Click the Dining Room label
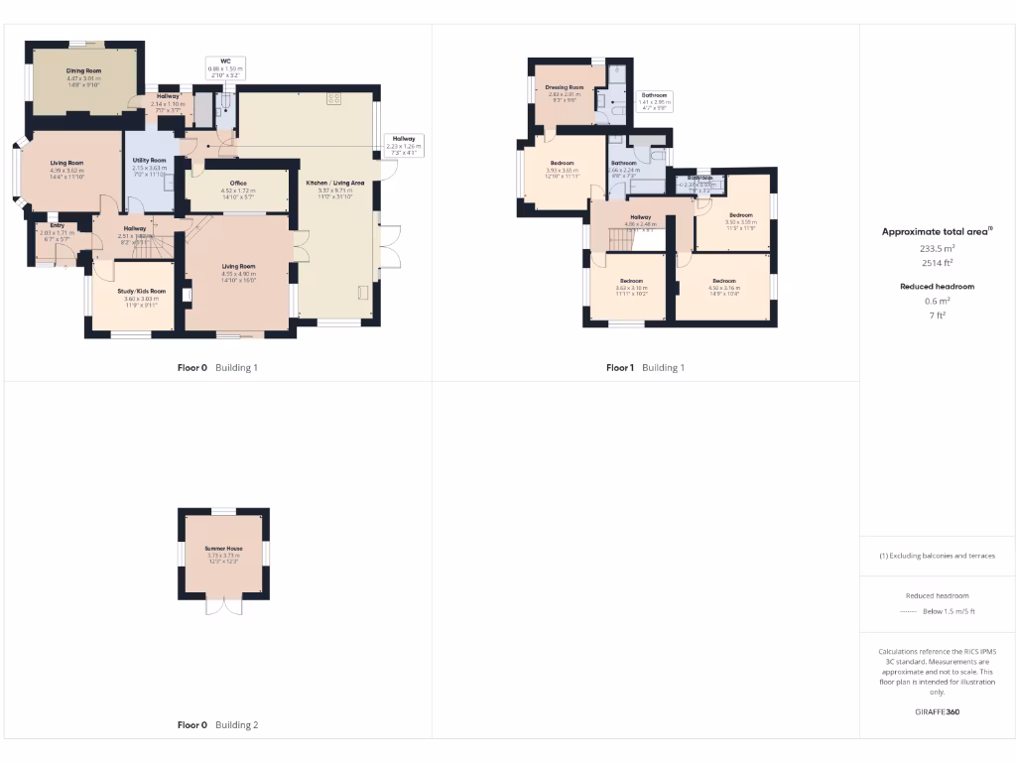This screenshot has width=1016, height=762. pyautogui.click(x=84, y=71)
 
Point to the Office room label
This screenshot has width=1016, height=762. pyautogui.click(x=238, y=184)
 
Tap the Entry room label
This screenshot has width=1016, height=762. pyautogui.click(x=50, y=225)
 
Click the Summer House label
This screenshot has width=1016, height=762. pyautogui.click(x=224, y=549)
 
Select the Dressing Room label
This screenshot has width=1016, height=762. pyautogui.click(x=565, y=88)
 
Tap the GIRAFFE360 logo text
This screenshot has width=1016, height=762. pyautogui.click(x=938, y=711)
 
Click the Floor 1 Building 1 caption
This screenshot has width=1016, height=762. pyautogui.click(x=645, y=368)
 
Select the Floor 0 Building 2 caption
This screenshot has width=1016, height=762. pyautogui.click(x=217, y=725)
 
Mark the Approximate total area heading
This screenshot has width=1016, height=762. pyautogui.click(x=937, y=231)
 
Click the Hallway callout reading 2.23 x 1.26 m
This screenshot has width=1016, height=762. pyautogui.click(x=403, y=144)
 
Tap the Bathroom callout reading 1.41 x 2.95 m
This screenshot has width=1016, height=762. pyautogui.click(x=655, y=98)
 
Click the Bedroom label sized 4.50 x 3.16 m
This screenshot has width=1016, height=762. pyautogui.click(x=723, y=281)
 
